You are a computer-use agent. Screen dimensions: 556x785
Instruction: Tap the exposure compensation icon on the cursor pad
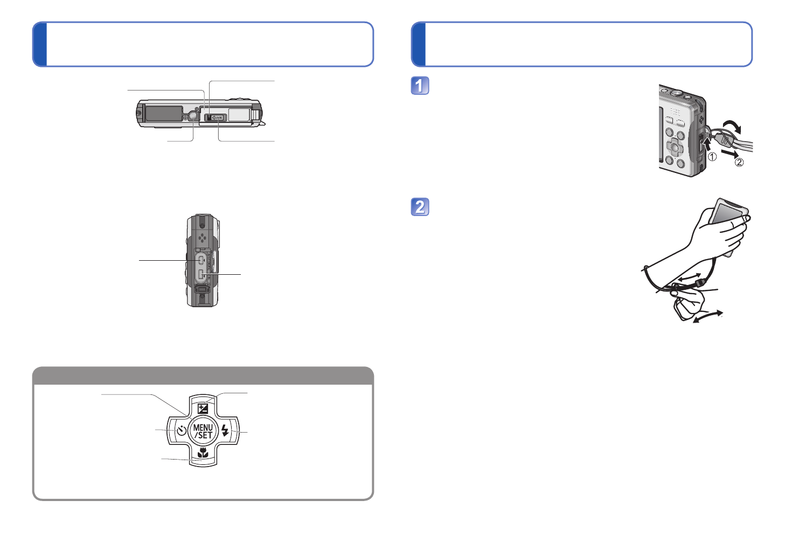tap(203, 408)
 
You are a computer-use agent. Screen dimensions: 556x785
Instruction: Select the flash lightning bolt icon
tap(225, 431)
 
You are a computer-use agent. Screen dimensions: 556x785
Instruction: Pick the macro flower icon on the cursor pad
tap(203, 453)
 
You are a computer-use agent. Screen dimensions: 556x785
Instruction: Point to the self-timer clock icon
tap(181, 431)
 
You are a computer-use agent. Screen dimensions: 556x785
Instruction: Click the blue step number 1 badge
tap(420, 86)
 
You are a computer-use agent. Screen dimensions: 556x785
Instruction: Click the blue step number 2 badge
tap(420, 207)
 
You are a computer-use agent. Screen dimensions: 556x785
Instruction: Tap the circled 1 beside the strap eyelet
tap(712, 157)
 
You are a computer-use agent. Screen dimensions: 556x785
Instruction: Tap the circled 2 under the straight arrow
tap(739, 162)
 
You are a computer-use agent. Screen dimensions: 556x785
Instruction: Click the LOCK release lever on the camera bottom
tap(216, 117)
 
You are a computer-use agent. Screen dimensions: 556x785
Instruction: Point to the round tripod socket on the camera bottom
tap(193, 116)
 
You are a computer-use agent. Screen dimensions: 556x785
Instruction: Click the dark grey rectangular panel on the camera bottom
tap(164, 113)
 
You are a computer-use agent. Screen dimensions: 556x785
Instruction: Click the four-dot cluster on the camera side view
tap(202, 238)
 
